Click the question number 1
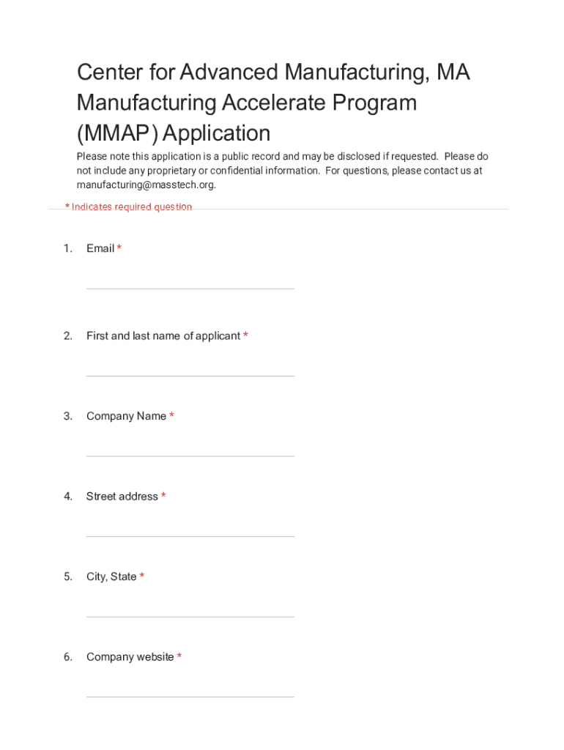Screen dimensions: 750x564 click(67, 249)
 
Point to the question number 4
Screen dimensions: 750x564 click(67, 497)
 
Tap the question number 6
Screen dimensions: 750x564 click(67, 657)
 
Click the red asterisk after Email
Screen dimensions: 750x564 click(119, 248)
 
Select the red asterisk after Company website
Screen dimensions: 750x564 click(179, 656)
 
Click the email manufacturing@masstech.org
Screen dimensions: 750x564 click(146, 185)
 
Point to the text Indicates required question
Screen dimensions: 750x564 click(132, 207)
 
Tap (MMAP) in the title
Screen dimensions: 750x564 click(117, 133)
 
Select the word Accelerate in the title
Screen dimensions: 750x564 click(245, 103)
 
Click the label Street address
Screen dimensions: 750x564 click(122, 497)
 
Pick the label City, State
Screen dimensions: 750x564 click(111, 577)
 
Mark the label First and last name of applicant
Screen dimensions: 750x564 click(163, 336)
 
